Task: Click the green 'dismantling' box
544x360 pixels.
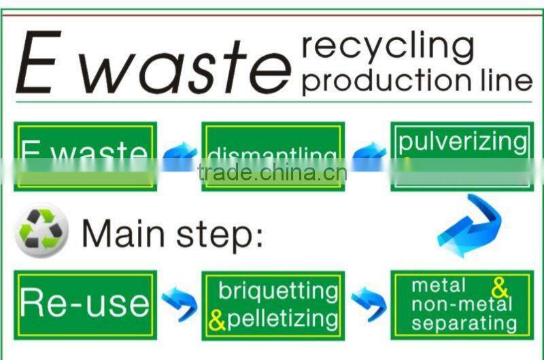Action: tap(273, 156)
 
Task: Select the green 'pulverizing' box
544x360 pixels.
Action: tap(462, 156)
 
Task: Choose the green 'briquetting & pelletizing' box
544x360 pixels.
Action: tap(273, 305)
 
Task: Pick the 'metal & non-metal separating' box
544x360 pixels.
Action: tap(462, 304)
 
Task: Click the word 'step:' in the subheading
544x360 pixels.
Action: tap(217, 234)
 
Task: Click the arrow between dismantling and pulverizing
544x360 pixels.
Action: tap(369, 157)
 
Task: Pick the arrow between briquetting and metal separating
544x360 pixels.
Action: tap(369, 303)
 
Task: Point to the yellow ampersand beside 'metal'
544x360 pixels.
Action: tap(500, 288)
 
